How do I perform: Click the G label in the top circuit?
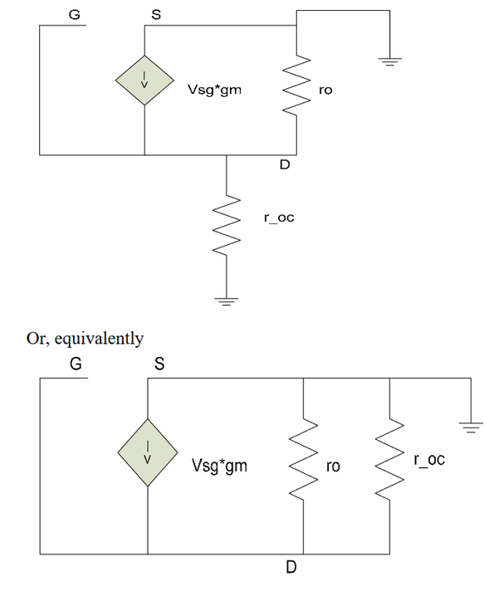point(75,14)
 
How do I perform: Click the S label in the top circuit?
point(156,14)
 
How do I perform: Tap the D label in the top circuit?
point(285,164)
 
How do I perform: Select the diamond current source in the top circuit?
point(145,81)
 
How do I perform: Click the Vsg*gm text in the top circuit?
point(215,90)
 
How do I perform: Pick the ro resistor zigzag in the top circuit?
point(296,84)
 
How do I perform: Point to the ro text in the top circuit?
point(325,90)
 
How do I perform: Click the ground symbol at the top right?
point(389,61)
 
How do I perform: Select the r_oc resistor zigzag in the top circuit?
point(227,225)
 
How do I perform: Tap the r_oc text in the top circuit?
point(279,217)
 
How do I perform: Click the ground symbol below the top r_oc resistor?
point(227,302)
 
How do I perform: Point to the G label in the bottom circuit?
point(76,364)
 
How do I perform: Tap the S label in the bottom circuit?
point(159,364)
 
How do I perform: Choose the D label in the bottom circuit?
point(290,568)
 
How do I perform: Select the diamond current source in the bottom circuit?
point(148,452)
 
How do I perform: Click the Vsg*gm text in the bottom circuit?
point(219,466)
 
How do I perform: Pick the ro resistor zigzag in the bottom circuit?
point(303,459)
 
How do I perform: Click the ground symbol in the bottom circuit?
point(471,427)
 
